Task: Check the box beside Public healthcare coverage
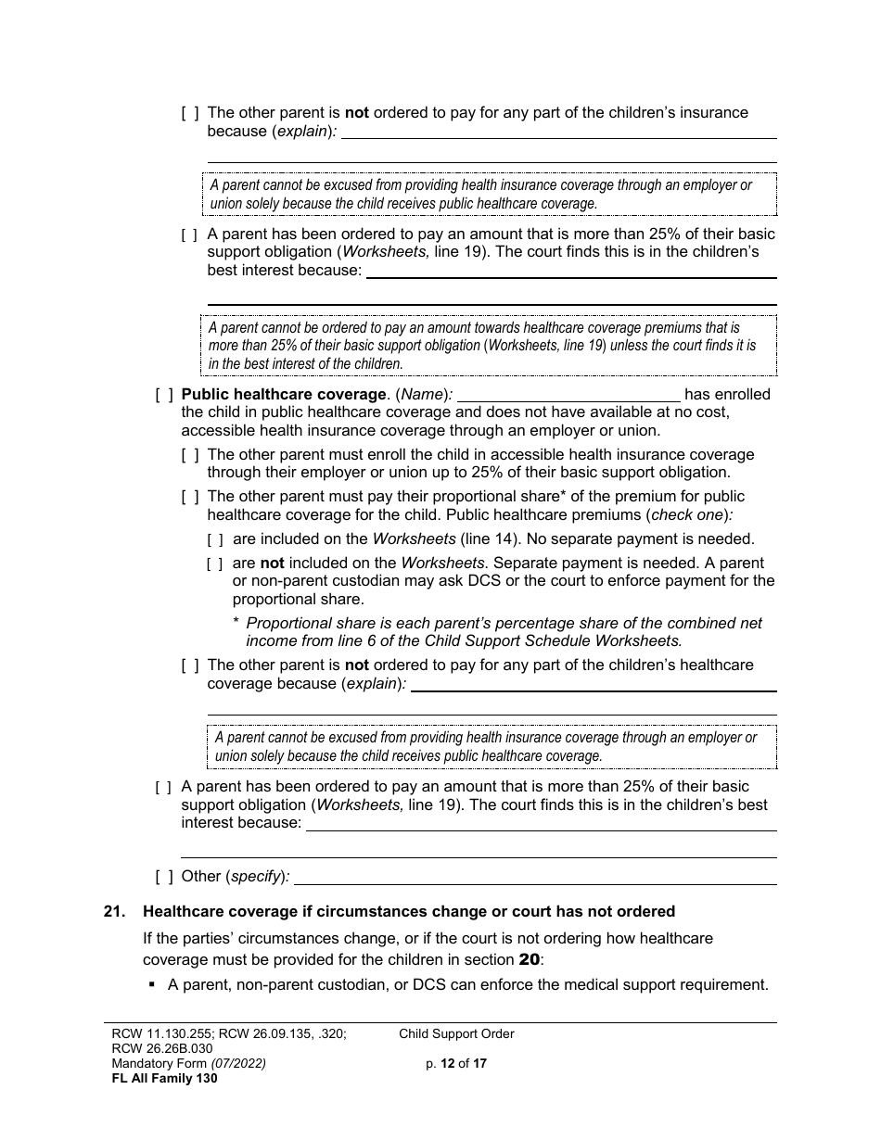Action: pyautogui.click(x=164, y=395)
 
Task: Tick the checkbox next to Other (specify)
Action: pyautogui.click(x=164, y=877)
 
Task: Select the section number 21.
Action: pyautogui.click(x=114, y=912)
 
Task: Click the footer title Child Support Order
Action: pyautogui.click(x=456, y=1033)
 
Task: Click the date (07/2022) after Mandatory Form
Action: pyautogui.click(x=237, y=1064)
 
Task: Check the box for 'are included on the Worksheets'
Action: pyautogui.click(x=214, y=539)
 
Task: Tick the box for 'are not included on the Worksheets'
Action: pyautogui.click(x=214, y=564)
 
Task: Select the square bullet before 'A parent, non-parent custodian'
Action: pyautogui.click(x=151, y=985)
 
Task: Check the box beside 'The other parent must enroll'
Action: pyautogui.click(x=189, y=455)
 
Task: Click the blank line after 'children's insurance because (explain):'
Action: pyautogui.click(x=559, y=133)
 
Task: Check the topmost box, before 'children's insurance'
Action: pyautogui.click(x=189, y=113)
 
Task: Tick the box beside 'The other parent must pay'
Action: pyautogui.click(x=189, y=497)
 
